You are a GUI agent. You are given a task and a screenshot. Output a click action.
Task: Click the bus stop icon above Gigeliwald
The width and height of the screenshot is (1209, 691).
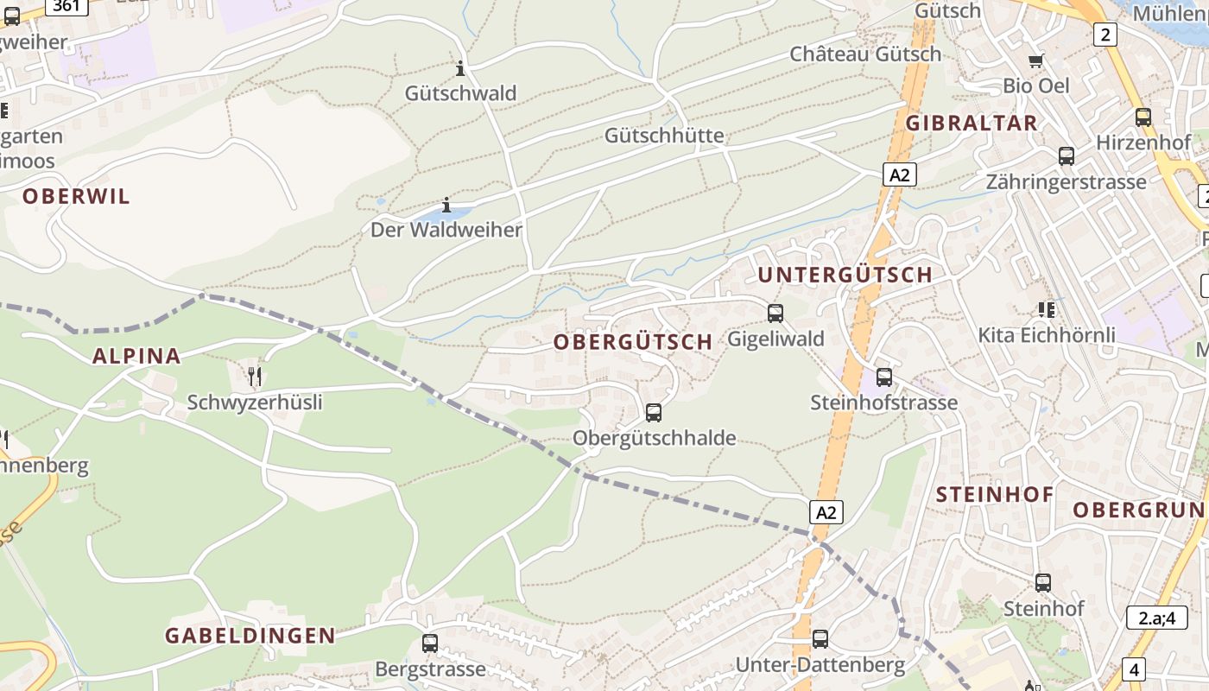(775, 314)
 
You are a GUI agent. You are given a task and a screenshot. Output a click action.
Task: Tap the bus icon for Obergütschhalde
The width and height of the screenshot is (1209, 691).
(654, 413)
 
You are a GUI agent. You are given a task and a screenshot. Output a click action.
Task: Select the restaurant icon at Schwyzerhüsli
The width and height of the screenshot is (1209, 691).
(255, 376)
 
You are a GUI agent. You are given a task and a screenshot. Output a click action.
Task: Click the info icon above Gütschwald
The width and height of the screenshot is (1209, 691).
(460, 68)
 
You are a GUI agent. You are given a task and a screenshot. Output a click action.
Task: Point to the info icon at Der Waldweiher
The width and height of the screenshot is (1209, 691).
(446, 206)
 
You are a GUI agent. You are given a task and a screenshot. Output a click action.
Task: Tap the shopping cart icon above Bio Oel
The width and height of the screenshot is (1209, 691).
(1036, 60)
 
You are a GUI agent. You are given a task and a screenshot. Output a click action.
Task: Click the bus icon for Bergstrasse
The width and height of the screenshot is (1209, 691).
(430, 643)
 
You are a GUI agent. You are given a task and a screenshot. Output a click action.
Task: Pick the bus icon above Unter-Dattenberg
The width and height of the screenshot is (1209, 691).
(820, 639)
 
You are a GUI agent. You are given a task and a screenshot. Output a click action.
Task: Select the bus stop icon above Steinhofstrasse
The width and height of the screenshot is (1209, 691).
(884, 377)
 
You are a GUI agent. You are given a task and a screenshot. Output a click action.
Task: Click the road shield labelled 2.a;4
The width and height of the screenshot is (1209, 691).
(1155, 618)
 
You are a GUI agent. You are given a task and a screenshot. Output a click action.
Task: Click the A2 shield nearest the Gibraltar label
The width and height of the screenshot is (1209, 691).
(900, 175)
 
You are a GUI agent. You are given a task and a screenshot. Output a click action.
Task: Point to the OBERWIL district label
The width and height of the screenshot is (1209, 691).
(76, 196)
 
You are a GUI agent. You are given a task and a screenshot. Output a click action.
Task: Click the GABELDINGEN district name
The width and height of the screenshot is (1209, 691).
(250, 636)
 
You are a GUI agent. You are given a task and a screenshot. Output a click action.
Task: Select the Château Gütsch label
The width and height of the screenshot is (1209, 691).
(865, 54)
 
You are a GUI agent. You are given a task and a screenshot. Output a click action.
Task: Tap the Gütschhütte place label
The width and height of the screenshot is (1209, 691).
(664, 136)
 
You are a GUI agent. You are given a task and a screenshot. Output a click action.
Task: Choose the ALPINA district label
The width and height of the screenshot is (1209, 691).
(136, 356)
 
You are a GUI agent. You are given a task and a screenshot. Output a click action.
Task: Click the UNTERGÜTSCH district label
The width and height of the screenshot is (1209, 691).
(845, 275)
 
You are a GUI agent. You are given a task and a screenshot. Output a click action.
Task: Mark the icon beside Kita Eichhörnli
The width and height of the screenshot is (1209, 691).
(1048, 309)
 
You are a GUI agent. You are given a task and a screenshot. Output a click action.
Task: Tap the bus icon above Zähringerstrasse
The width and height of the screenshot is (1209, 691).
(1067, 156)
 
